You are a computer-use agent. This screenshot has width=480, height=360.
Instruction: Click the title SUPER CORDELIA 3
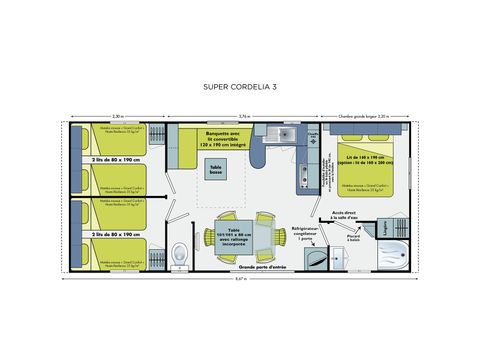tap(240, 88)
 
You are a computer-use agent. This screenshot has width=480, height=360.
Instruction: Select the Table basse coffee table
tap(217, 171)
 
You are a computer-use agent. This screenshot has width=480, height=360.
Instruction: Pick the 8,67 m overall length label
tap(240, 278)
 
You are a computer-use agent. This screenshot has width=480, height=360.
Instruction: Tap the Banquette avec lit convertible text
tap(222, 138)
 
